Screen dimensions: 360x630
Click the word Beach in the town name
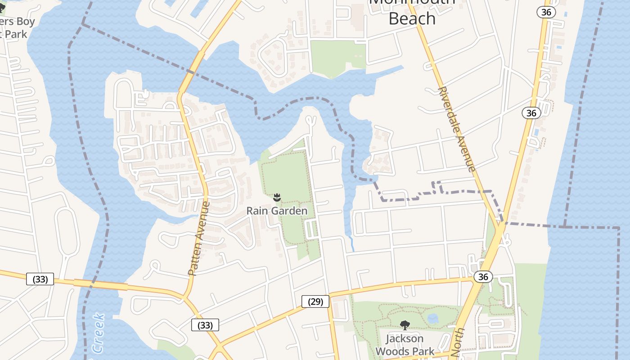[412, 18]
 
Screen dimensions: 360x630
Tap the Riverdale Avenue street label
[456, 129]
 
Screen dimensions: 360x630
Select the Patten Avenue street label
[199, 238]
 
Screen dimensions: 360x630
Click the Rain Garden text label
[277, 211]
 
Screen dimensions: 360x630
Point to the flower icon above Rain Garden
[277, 197]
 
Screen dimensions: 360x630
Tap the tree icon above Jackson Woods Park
[405, 325]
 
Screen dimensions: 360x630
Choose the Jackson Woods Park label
[405, 345]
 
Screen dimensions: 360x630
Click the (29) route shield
[315, 301]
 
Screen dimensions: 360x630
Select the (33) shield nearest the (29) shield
[205, 325]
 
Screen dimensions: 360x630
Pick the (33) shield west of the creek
[40, 279]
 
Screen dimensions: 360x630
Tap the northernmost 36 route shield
[546, 12]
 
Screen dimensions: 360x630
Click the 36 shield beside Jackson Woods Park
[483, 277]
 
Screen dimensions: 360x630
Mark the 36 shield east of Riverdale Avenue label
[531, 112]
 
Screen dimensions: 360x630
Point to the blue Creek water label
[99, 333]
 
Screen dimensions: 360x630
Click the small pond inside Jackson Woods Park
[433, 319]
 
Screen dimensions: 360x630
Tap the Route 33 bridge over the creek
[100, 284]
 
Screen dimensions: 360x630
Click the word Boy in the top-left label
[25, 22]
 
